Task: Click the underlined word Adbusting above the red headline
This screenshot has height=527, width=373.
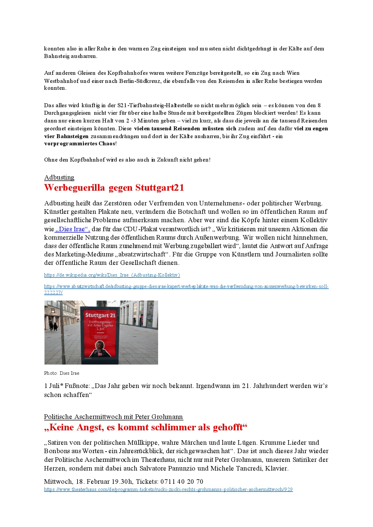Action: (59, 177)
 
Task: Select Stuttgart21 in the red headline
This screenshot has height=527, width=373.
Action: (160, 188)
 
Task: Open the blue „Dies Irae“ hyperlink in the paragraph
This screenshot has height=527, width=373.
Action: (72, 229)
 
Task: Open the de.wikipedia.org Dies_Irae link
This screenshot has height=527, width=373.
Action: (112, 275)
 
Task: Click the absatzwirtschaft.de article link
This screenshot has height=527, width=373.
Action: (186, 286)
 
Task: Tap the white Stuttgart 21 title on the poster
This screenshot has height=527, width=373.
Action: (100, 315)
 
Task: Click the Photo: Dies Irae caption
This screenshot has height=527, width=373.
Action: (62, 373)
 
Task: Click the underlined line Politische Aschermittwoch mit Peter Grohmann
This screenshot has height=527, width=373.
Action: (113, 417)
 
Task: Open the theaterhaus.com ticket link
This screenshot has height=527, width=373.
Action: (168, 489)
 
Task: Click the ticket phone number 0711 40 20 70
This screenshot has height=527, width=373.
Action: (182, 482)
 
